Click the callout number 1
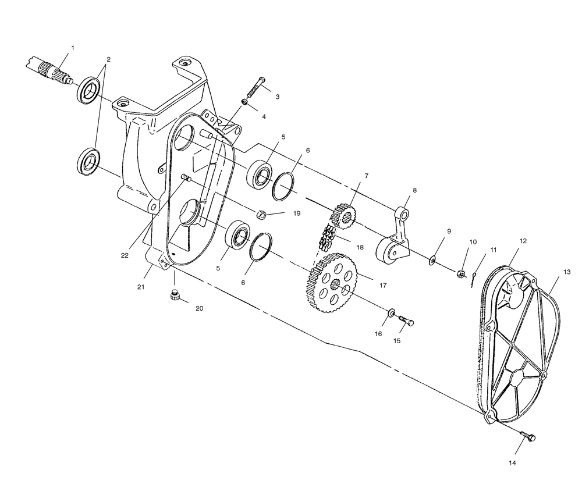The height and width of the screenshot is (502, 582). [x=73, y=48]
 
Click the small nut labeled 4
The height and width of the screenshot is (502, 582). [x=244, y=101]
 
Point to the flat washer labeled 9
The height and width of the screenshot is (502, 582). [x=432, y=260]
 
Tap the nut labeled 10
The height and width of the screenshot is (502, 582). [x=460, y=274]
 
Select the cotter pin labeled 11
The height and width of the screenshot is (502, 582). [x=473, y=279]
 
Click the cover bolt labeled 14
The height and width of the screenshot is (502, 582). [x=528, y=436]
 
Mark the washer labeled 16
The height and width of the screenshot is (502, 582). [x=391, y=314]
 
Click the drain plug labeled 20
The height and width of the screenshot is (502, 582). [x=175, y=295]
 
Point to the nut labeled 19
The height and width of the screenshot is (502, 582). [x=261, y=214]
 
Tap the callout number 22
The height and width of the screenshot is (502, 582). [x=125, y=255]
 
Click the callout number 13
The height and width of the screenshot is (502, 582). [x=567, y=272]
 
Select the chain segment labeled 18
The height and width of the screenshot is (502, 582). [x=327, y=237]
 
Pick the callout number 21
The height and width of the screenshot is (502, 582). [x=141, y=287]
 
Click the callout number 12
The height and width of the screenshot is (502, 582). [x=523, y=241]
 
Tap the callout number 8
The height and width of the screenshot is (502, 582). [x=414, y=190]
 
